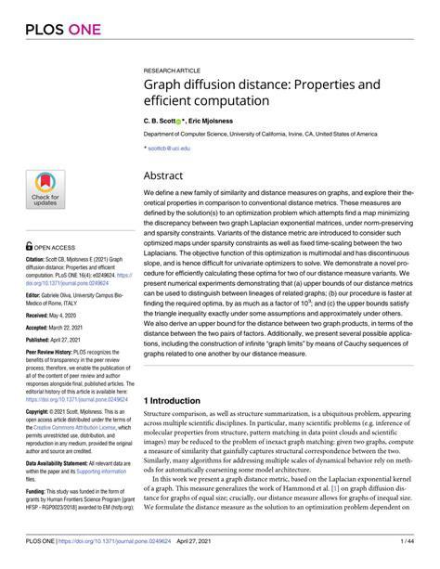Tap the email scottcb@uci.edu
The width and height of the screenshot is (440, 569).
170,148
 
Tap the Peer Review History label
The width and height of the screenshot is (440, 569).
51,355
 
